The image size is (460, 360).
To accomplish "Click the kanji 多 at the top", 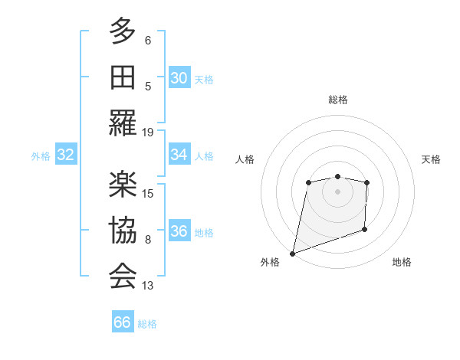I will click(123, 31).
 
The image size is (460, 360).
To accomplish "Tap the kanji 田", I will click(123, 77).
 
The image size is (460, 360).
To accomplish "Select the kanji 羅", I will click(123, 123).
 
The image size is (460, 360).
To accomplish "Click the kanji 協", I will click(123, 230).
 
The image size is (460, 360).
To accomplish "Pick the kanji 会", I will click(123, 276).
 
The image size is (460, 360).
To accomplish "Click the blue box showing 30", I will click(179, 78).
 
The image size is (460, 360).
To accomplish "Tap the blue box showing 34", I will click(179, 155).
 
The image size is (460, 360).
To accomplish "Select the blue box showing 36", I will click(179, 232).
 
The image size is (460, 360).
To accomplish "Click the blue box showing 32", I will click(66, 155).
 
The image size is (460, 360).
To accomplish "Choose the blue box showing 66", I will click(123, 322).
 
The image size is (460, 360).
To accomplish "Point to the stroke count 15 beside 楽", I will click(148, 193).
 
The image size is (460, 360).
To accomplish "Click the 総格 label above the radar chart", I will click(338, 100).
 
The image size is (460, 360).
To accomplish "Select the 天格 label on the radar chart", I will click(432, 159).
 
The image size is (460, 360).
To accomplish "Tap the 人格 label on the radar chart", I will click(245, 159).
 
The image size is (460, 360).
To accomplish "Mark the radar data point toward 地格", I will click(364, 229).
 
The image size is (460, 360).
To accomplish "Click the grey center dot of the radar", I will click(337, 191).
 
